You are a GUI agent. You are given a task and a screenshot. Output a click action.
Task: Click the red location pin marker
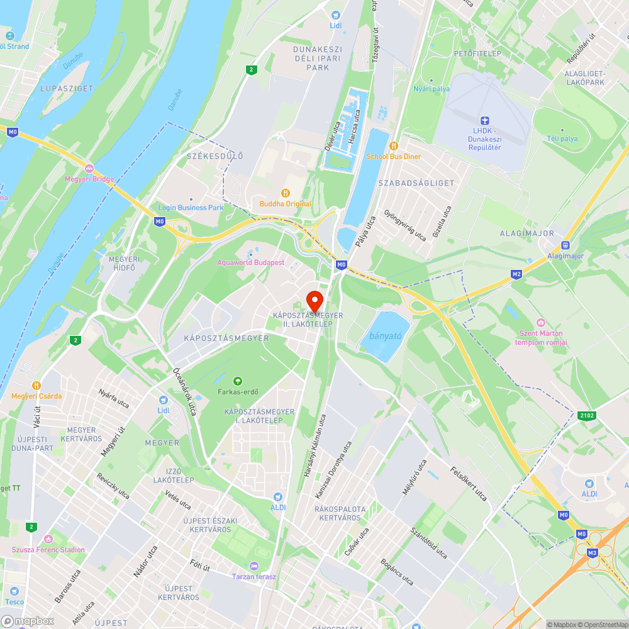tap(314, 299)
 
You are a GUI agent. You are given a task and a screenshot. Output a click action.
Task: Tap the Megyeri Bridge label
tap(89, 179)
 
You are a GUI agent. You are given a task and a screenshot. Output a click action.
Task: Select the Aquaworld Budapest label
tap(250, 262)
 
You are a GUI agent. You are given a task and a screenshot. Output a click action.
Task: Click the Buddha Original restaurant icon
tap(286, 193)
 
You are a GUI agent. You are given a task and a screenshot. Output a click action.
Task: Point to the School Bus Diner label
tap(394, 156)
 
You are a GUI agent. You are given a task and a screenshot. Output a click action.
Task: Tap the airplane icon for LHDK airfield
tap(484, 121)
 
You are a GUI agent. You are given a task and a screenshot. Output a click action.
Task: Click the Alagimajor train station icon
tap(565, 245)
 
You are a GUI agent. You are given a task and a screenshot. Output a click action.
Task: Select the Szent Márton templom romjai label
tap(541, 338)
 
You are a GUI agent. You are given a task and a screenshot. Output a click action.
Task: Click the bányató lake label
tap(386, 337)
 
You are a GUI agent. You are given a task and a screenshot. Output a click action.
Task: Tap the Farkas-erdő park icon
tap(237, 381)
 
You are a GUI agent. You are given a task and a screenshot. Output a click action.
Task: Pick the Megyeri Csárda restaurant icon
tap(36, 385)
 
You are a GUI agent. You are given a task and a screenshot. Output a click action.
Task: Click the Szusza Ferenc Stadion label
tap(48, 550)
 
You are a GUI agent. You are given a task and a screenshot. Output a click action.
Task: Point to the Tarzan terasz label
tap(253, 576)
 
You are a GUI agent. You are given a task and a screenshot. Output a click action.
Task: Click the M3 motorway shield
tap(592, 553)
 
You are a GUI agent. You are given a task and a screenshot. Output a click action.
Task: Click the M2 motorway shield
tap(516, 274)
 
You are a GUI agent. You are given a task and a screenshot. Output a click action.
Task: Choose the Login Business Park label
tap(191, 208)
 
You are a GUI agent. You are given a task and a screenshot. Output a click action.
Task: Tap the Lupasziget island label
tap(67, 89)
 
